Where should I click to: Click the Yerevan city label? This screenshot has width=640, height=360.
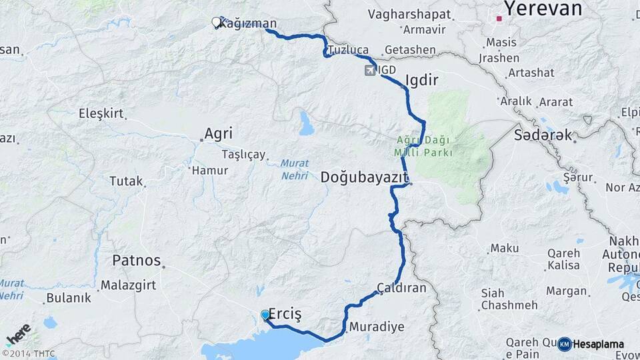pyautogui.click(x=543, y=9)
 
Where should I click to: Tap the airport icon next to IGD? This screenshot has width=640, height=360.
pyautogui.click(x=370, y=70)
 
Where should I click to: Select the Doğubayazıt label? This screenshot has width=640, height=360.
pyautogui.click(x=363, y=177)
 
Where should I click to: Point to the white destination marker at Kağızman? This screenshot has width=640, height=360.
pyautogui.click(x=216, y=23)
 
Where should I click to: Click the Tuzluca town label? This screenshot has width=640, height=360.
pyautogui.click(x=348, y=50)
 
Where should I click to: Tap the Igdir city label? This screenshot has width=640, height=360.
pyautogui.click(x=421, y=81)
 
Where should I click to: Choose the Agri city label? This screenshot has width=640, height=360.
pyautogui.click(x=218, y=133)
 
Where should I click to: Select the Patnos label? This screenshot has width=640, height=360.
pyautogui.click(x=137, y=260)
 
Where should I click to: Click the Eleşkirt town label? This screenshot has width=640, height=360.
pyautogui.click(x=101, y=113)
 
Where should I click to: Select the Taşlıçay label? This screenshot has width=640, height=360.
pyautogui.click(x=243, y=155)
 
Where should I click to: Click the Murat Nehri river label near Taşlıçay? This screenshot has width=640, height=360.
pyautogui.click(x=294, y=169)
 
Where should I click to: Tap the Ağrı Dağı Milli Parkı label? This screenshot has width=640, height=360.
pyautogui.click(x=424, y=147)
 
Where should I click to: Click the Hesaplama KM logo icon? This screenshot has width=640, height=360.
pyautogui.click(x=564, y=344)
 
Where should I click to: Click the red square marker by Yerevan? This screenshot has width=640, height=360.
pyautogui.click(x=498, y=19)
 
